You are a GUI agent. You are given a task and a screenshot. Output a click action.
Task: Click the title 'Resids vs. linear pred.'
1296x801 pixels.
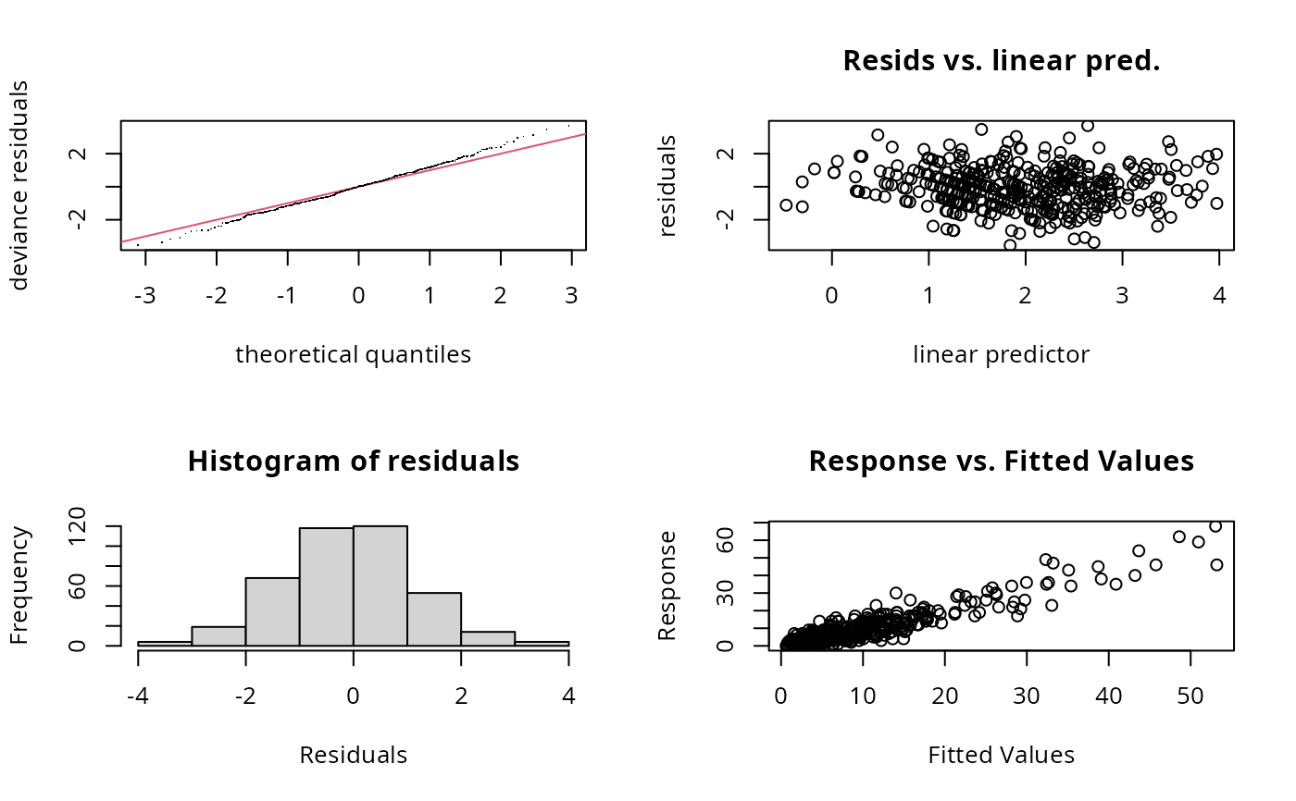pos(1001,61)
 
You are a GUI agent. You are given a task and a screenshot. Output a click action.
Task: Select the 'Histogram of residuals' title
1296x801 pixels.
pos(353,462)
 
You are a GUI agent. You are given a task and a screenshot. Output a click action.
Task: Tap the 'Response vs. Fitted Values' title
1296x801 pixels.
pos(1001,462)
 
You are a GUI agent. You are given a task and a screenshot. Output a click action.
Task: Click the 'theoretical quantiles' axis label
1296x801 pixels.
pos(353,354)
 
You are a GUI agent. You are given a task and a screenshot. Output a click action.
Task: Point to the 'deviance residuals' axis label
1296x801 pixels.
pos(20,185)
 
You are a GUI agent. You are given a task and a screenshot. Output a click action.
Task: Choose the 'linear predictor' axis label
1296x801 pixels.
pos(1001,354)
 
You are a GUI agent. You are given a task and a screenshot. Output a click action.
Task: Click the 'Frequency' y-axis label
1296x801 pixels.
pos(20,585)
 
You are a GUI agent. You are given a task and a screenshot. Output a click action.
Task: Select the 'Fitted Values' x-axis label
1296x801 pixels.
pos(1001,756)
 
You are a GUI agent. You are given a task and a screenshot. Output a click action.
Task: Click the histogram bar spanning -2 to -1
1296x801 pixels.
pos(272,611)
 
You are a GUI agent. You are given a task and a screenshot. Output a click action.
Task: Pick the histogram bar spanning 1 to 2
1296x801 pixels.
pos(433,619)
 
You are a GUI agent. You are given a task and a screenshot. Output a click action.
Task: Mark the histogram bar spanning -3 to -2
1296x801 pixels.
pos(218,636)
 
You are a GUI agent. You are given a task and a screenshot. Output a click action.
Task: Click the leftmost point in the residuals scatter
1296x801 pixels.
pos(786,205)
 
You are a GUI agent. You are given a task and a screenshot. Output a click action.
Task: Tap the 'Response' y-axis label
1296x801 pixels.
pos(668,585)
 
